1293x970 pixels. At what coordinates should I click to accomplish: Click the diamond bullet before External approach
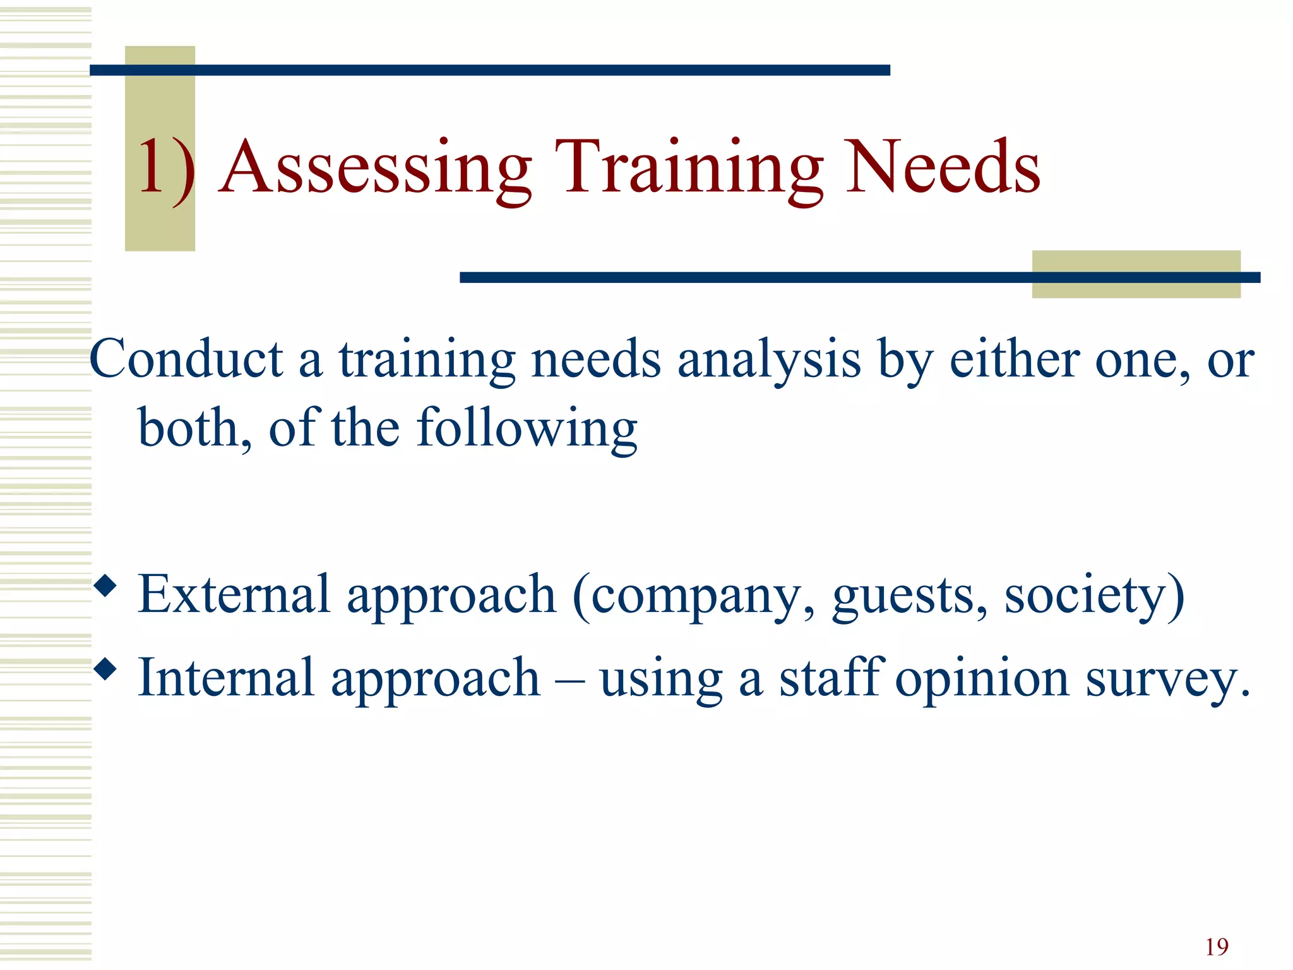click(105, 586)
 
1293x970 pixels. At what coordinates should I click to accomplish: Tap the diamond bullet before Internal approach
click(105, 669)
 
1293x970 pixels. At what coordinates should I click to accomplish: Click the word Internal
click(226, 677)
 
